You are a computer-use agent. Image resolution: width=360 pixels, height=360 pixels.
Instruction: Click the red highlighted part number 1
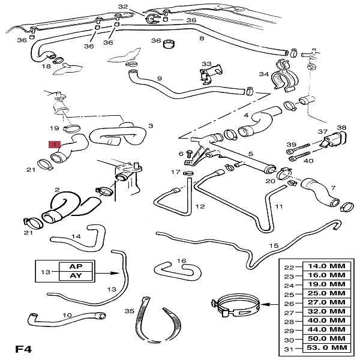(x=55, y=145)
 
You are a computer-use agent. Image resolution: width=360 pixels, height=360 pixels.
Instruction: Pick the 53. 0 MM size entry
(x=328, y=347)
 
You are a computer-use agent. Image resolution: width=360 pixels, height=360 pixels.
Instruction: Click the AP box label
(x=76, y=266)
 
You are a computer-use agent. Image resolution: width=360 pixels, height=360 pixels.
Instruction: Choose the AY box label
(x=76, y=276)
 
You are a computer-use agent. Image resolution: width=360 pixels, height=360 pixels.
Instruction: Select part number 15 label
(x=274, y=246)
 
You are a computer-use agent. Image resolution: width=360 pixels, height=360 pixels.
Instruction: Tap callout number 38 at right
(x=341, y=128)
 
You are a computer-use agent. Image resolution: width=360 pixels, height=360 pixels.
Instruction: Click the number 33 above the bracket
(x=206, y=64)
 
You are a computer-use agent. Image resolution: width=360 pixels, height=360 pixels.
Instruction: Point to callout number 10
(x=67, y=315)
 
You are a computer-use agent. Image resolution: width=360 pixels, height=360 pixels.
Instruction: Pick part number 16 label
(x=182, y=261)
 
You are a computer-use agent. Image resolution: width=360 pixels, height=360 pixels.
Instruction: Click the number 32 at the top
(x=123, y=7)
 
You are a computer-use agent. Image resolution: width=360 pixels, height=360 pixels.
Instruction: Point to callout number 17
(x=175, y=172)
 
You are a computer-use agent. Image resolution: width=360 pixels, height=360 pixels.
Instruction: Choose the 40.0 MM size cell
(x=328, y=320)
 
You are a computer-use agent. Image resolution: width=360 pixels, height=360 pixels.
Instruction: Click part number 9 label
(x=160, y=79)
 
